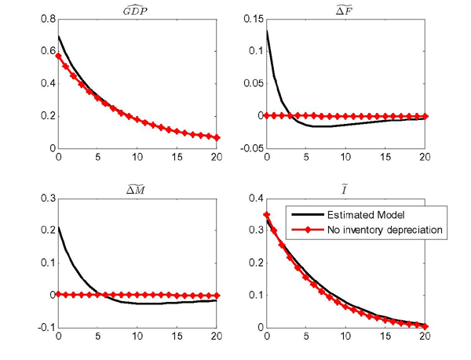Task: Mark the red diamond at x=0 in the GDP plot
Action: [57, 56]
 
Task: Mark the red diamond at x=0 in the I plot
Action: [266, 215]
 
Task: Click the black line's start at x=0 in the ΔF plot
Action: [266, 31]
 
